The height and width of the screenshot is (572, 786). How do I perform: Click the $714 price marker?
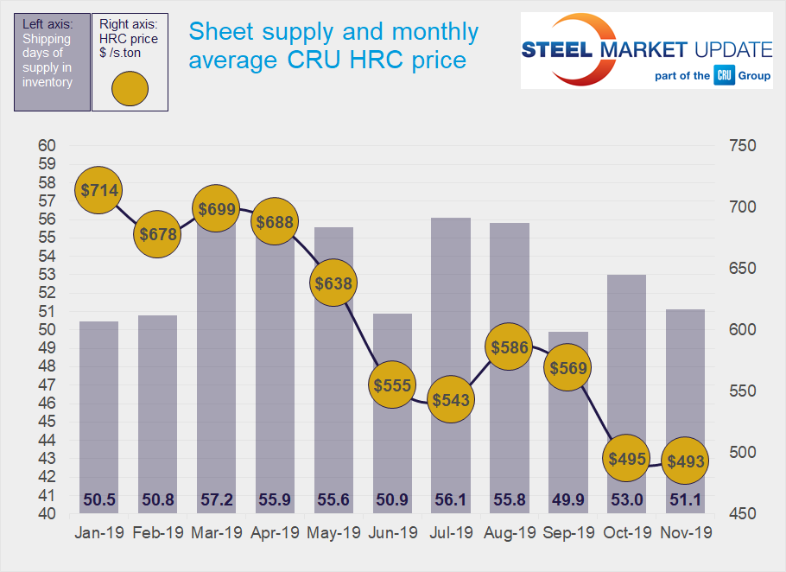(99, 190)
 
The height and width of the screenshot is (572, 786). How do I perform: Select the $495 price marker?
(627, 459)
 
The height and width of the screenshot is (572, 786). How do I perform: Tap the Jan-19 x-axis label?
(98, 533)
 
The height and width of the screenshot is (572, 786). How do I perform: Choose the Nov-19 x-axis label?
(686, 533)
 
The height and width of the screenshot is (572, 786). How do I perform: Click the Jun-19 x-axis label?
(392, 533)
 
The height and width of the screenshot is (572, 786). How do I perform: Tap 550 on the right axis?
(742, 391)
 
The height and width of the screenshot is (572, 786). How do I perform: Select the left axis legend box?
(52, 62)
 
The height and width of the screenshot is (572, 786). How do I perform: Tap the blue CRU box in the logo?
(724, 76)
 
